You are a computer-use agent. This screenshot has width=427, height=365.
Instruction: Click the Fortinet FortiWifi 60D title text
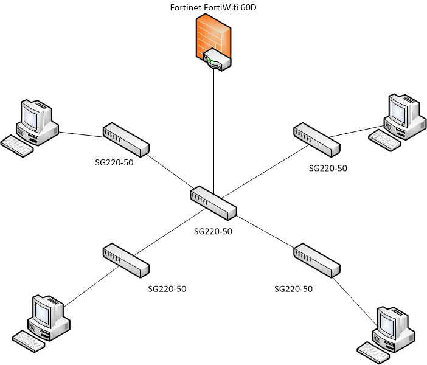213,7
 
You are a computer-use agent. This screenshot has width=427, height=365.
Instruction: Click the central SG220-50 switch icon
213,203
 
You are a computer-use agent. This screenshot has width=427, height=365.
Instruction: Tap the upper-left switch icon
126,139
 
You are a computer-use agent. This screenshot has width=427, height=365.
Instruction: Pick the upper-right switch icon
316,139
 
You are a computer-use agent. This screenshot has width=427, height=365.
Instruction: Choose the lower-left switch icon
126,260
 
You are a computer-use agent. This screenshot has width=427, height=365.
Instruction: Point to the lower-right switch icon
316,260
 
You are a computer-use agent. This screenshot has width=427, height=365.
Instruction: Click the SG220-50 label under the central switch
213,231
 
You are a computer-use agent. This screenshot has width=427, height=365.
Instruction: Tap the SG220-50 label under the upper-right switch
328,168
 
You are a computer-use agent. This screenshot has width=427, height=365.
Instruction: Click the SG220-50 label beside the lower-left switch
167,288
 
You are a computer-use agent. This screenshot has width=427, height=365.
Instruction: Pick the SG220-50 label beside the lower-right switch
294,288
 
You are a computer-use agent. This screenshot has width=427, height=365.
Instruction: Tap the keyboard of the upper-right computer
385,140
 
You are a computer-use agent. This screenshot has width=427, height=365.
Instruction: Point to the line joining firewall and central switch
213,134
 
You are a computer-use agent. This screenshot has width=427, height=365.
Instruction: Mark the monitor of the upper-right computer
400,109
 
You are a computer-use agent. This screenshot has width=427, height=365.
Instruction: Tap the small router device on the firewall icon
217,61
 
